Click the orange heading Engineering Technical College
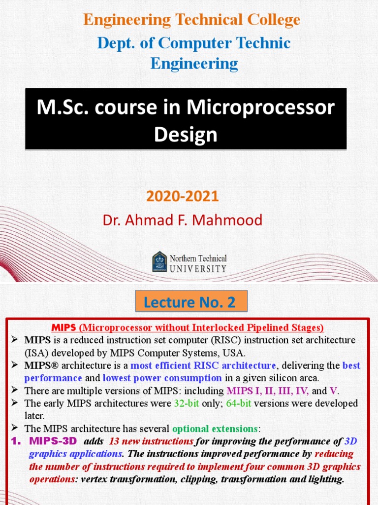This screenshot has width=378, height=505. point(191,20)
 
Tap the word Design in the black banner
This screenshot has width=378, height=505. point(186,134)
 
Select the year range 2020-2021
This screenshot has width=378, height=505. point(182,196)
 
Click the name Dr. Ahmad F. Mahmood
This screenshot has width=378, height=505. point(183,220)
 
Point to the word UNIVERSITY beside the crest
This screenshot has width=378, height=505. point(198,269)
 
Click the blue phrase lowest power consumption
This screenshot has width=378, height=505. point(162,378)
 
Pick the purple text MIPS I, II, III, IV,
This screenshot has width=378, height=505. point(268,391)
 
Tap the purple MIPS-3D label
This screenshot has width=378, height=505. point(53,441)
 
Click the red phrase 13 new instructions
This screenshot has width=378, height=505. point(151,441)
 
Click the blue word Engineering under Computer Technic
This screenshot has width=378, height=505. point(194,64)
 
